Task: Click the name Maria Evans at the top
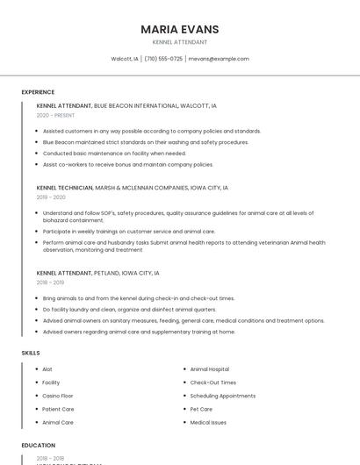click(x=180, y=29)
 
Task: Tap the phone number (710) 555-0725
click(x=163, y=59)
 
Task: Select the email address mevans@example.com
click(x=219, y=59)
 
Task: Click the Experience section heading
click(x=38, y=92)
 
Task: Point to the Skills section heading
click(x=31, y=353)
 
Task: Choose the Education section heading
click(x=39, y=445)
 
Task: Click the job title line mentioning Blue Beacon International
click(x=126, y=105)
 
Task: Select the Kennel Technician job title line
click(x=132, y=188)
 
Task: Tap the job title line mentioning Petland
click(x=97, y=273)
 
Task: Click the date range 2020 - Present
click(x=55, y=115)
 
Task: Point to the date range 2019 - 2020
click(x=51, y=197)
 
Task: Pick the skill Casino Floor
click(x=58, y=396)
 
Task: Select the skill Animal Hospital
click(x=209, y=369)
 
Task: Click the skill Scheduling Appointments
click(x=222, y=396)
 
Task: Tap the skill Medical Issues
click(x=208, y=422)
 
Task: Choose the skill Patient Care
click(x=58, y=409)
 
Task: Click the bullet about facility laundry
click(x=129, y=310)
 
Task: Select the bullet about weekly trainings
click(x=128, y=232)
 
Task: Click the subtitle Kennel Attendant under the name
click(x=180, y=42)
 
